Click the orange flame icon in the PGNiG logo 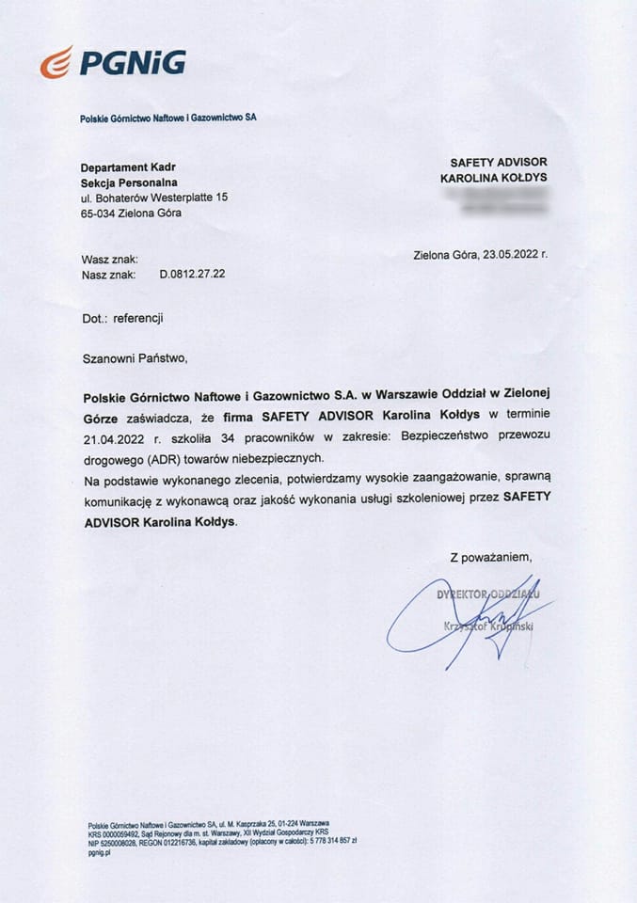pos(56,63)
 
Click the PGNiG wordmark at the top pos(132,63)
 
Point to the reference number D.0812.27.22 pos(192,274)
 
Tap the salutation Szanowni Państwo pos(135,357)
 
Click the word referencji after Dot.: pos(138,318)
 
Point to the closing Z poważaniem pos(490,558)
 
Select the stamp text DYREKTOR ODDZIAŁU pos(487,594)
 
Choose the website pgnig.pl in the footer pos(99,852)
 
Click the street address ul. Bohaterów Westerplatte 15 pos(154,198)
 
